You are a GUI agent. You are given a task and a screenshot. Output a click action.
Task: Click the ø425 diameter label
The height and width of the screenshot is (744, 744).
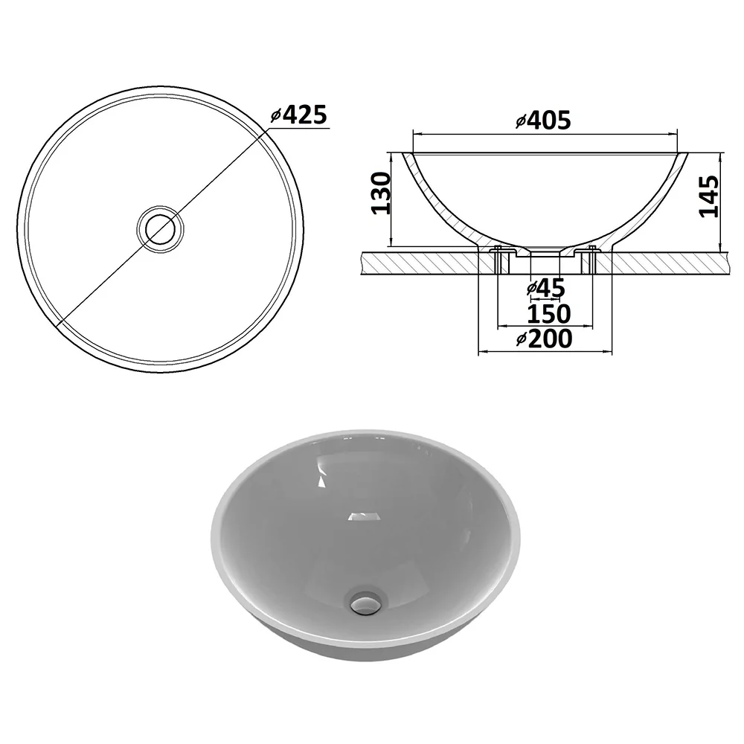[299, 115]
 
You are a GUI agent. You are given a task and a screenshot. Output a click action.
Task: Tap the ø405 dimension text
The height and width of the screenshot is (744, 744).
[543, 121]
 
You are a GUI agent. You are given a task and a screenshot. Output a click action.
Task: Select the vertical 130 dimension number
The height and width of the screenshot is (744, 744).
[381, 193]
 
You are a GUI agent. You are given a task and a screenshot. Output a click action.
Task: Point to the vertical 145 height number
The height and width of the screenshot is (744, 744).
[709, 196]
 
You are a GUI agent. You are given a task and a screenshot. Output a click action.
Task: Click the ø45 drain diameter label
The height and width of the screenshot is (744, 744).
[545, 288]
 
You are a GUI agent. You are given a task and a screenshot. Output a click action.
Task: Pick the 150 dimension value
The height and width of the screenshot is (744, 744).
[548, 314]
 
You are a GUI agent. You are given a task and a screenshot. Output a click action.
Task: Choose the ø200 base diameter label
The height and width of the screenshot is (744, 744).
[545, 339]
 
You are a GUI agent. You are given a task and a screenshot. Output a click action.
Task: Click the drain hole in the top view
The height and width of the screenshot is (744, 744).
[160, 230]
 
